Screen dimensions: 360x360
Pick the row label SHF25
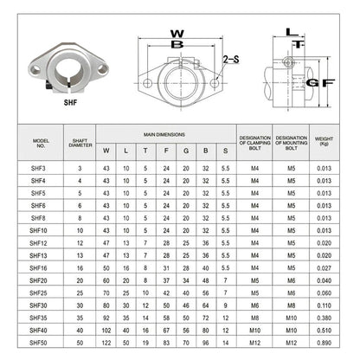(x=38, y=292)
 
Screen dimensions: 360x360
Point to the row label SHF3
(x=38, y=169)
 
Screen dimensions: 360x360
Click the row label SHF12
(x=38, y=243)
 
